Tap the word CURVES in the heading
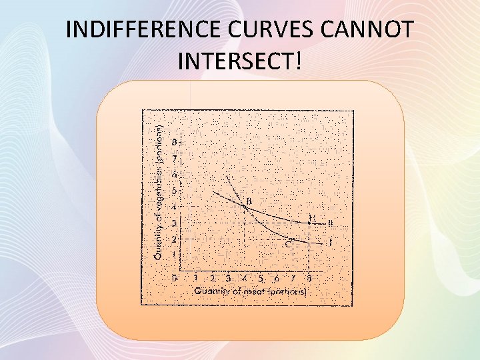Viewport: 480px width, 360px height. click(271, 31)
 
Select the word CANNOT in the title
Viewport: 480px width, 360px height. click(372, 31)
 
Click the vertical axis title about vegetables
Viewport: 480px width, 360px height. click(158, 189)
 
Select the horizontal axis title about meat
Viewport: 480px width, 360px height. click(250, 291)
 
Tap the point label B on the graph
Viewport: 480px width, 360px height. click(249, 201)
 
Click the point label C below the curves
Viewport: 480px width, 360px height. click(289, 245)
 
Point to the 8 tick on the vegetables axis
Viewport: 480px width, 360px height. click(175, 142)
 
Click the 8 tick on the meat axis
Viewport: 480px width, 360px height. click(309, 279)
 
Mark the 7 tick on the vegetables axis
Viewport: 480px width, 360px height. click(175, 159)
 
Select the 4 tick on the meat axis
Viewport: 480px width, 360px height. click(244, 279)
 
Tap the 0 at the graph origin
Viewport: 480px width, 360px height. click(175, 278)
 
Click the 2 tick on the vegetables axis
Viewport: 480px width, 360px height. click(175, 239)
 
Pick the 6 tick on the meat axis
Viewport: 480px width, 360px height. click(277, 279)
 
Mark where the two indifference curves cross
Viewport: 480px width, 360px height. click(245, 208)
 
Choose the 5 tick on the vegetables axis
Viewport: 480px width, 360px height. click(175, 191)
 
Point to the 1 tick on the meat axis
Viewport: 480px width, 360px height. click(195, 279)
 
